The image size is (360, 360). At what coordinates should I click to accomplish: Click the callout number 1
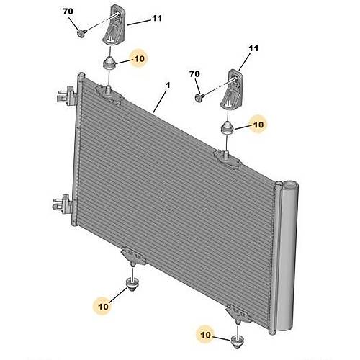point(168,85)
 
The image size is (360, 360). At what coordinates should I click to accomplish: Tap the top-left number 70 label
point(68,11)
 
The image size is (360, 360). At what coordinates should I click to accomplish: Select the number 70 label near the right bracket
point(194,74)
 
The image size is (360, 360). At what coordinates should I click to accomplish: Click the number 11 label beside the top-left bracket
point(157,18)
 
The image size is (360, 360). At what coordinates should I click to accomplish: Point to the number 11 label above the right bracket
point(253,48)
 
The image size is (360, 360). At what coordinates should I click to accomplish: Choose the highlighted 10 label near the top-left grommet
point(140,58)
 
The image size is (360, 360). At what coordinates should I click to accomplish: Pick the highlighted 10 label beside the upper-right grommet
point(258,125)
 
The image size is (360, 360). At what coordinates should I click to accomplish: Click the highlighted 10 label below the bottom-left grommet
point(103,307)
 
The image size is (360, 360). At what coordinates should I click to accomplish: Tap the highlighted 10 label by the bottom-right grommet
point(206,335)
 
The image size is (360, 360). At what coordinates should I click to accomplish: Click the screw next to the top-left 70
point(81,32)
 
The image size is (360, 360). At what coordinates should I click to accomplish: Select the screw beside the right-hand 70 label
point(199,97)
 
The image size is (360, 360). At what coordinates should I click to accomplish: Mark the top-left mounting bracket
point(114,25)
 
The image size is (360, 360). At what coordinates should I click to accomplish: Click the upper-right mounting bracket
point(233,89)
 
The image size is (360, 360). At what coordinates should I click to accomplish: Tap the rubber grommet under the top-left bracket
point(109,63)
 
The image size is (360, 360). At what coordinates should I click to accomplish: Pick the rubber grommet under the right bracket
point(227,128)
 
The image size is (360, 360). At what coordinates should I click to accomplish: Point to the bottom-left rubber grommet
point(132,284)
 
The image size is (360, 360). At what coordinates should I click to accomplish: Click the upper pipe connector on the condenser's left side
point(66,96)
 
